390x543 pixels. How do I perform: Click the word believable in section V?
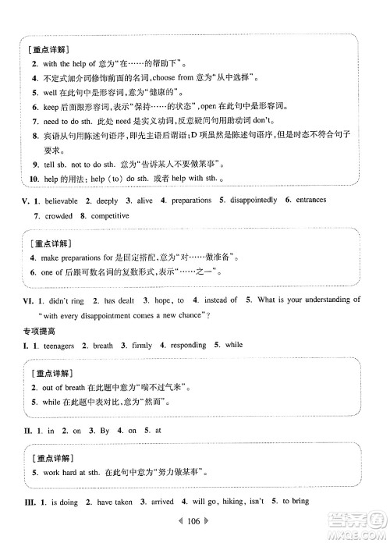coord(64,201)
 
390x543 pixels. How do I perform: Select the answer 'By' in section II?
coord(107,430)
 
